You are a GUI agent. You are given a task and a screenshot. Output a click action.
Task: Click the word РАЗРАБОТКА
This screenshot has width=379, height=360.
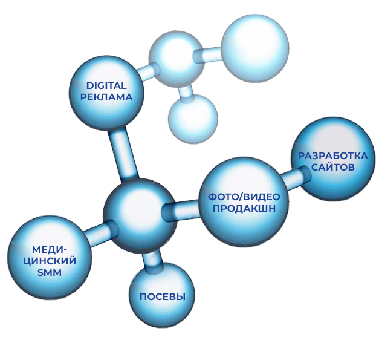point(333,155)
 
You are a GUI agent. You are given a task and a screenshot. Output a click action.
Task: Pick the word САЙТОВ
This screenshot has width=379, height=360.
point(333,166)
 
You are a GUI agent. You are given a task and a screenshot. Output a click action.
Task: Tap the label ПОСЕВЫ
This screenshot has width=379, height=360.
point(162,297)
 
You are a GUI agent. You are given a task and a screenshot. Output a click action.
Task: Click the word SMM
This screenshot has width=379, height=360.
point(46,273)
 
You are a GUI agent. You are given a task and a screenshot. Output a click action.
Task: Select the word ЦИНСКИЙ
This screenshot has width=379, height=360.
point(47,261)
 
